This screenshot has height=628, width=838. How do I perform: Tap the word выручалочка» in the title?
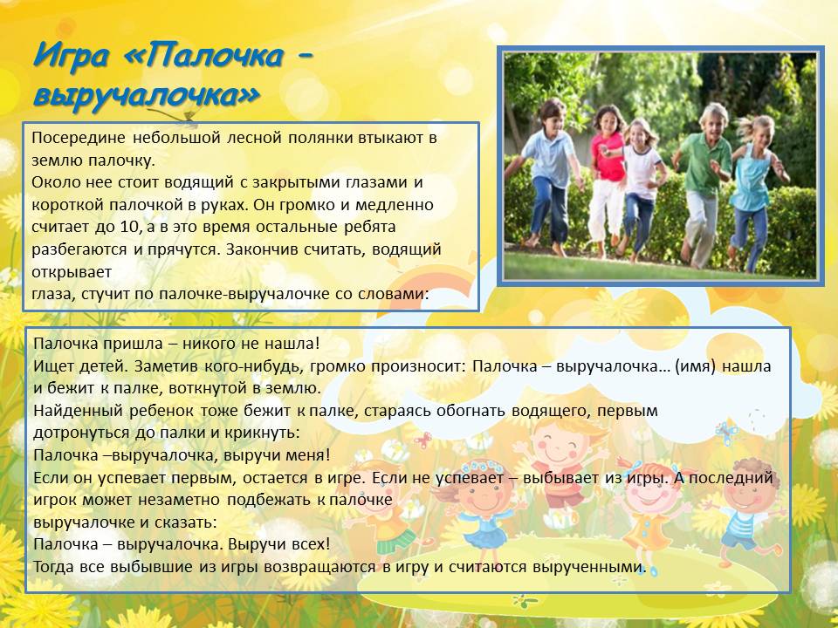(x=147, y=96)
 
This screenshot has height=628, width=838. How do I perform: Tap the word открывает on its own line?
(x=72, y=272)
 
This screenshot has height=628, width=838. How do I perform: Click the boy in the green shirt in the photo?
(x=703, y=184)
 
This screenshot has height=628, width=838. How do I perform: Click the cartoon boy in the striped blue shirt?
(x=746, y=513)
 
